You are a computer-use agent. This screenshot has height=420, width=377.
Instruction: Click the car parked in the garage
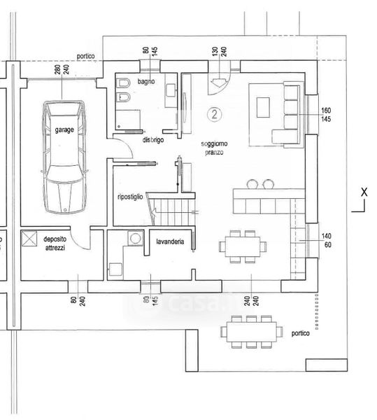point(64,157)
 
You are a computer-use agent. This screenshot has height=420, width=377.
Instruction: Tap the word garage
point(64,130)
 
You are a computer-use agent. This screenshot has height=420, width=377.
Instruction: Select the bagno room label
point(146,81)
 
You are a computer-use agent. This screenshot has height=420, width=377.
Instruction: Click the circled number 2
point(215,114)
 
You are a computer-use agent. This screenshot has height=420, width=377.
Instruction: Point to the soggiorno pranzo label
point(214,148)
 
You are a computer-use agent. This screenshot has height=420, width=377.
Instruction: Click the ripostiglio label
point(130,197)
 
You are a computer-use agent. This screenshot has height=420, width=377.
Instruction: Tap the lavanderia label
point(170,241)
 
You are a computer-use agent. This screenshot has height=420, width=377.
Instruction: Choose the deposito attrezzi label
point(55,244)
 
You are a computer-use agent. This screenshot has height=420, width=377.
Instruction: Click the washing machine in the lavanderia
point(136,238)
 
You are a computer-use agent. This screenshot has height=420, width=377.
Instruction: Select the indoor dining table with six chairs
point(243,246)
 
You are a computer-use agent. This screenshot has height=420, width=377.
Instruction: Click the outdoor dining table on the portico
point(252,332)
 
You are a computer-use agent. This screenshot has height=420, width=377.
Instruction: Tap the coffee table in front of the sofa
point(263,107)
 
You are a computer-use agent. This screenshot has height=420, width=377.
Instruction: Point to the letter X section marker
point(364,192)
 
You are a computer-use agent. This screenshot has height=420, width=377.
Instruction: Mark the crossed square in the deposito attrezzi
point(29,239)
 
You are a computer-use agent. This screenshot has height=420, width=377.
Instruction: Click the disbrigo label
point(152,140)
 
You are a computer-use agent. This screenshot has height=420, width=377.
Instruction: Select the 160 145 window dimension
point(326,115)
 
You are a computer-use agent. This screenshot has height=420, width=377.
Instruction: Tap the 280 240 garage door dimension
point(62,69)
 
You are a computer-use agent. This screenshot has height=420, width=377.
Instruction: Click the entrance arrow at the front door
point(219,83)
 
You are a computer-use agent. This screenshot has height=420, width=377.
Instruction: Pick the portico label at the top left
point(85,56)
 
